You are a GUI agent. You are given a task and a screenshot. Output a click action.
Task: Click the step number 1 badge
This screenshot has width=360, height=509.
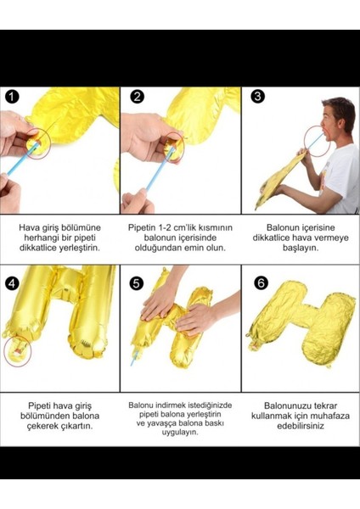point(11,96)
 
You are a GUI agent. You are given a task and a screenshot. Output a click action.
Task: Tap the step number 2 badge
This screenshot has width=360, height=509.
point(138,96)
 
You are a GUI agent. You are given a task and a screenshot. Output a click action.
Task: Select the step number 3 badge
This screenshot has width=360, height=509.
point(258,96)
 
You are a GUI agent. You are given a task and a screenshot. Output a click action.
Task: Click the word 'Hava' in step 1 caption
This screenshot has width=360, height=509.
point(30,228)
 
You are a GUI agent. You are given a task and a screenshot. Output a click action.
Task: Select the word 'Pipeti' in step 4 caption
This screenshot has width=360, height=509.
point(41,406)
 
